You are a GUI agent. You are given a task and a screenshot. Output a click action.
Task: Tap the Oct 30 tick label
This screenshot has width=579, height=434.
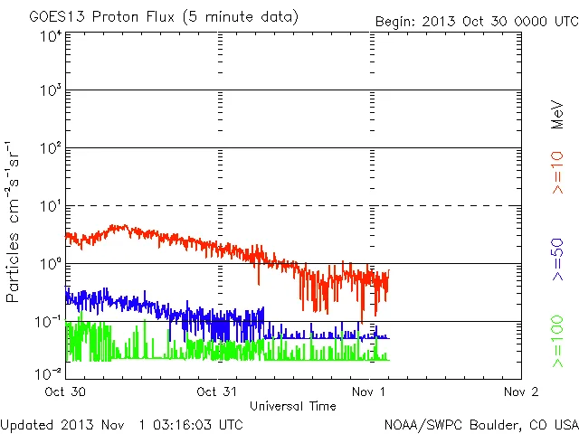click(65, 392)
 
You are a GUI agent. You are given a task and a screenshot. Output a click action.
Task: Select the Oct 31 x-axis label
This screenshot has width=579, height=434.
click(218, 392)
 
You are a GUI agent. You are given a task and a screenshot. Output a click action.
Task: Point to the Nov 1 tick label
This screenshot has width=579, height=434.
click(370, 392)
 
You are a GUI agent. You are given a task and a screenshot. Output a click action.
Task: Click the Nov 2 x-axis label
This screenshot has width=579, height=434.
click(522, 392)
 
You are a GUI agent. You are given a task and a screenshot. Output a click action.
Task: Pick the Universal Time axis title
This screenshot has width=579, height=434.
click(293, 406)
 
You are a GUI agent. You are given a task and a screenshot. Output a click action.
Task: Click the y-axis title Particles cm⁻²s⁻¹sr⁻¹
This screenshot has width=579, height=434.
click(14, 222)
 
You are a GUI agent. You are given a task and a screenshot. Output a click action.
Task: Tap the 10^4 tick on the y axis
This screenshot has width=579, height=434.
click(51, 37)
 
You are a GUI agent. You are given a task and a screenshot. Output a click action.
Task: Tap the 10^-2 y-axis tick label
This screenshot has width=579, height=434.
click(50, 373)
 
